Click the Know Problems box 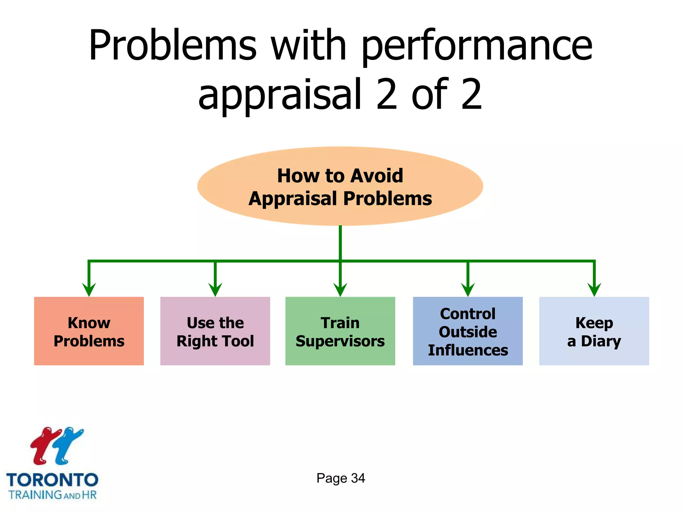pyautogui.click(x=89, y=331)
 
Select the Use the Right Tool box pyautogui.click(x=215, y=331)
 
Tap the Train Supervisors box pyautogui.click(x=340, y=331)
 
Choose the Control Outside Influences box pyautogui.click(x=468, y=331)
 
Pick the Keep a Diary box pyautogui.click(x=594, y=331)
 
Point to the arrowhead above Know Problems pyautogui.click(x=89, y=289)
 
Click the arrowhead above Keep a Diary pyautogui.click(x=594, y=289)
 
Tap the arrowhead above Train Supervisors pyautogui.click(x=340, y=289)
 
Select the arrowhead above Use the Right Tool pyautogui.click(x=215, y=289)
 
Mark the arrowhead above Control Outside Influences pyautogui.click(x=468, y=289)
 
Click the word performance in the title pyautogui.click(x=477, y=47)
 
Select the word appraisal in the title pyautogui.click(x=280, y=95)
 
